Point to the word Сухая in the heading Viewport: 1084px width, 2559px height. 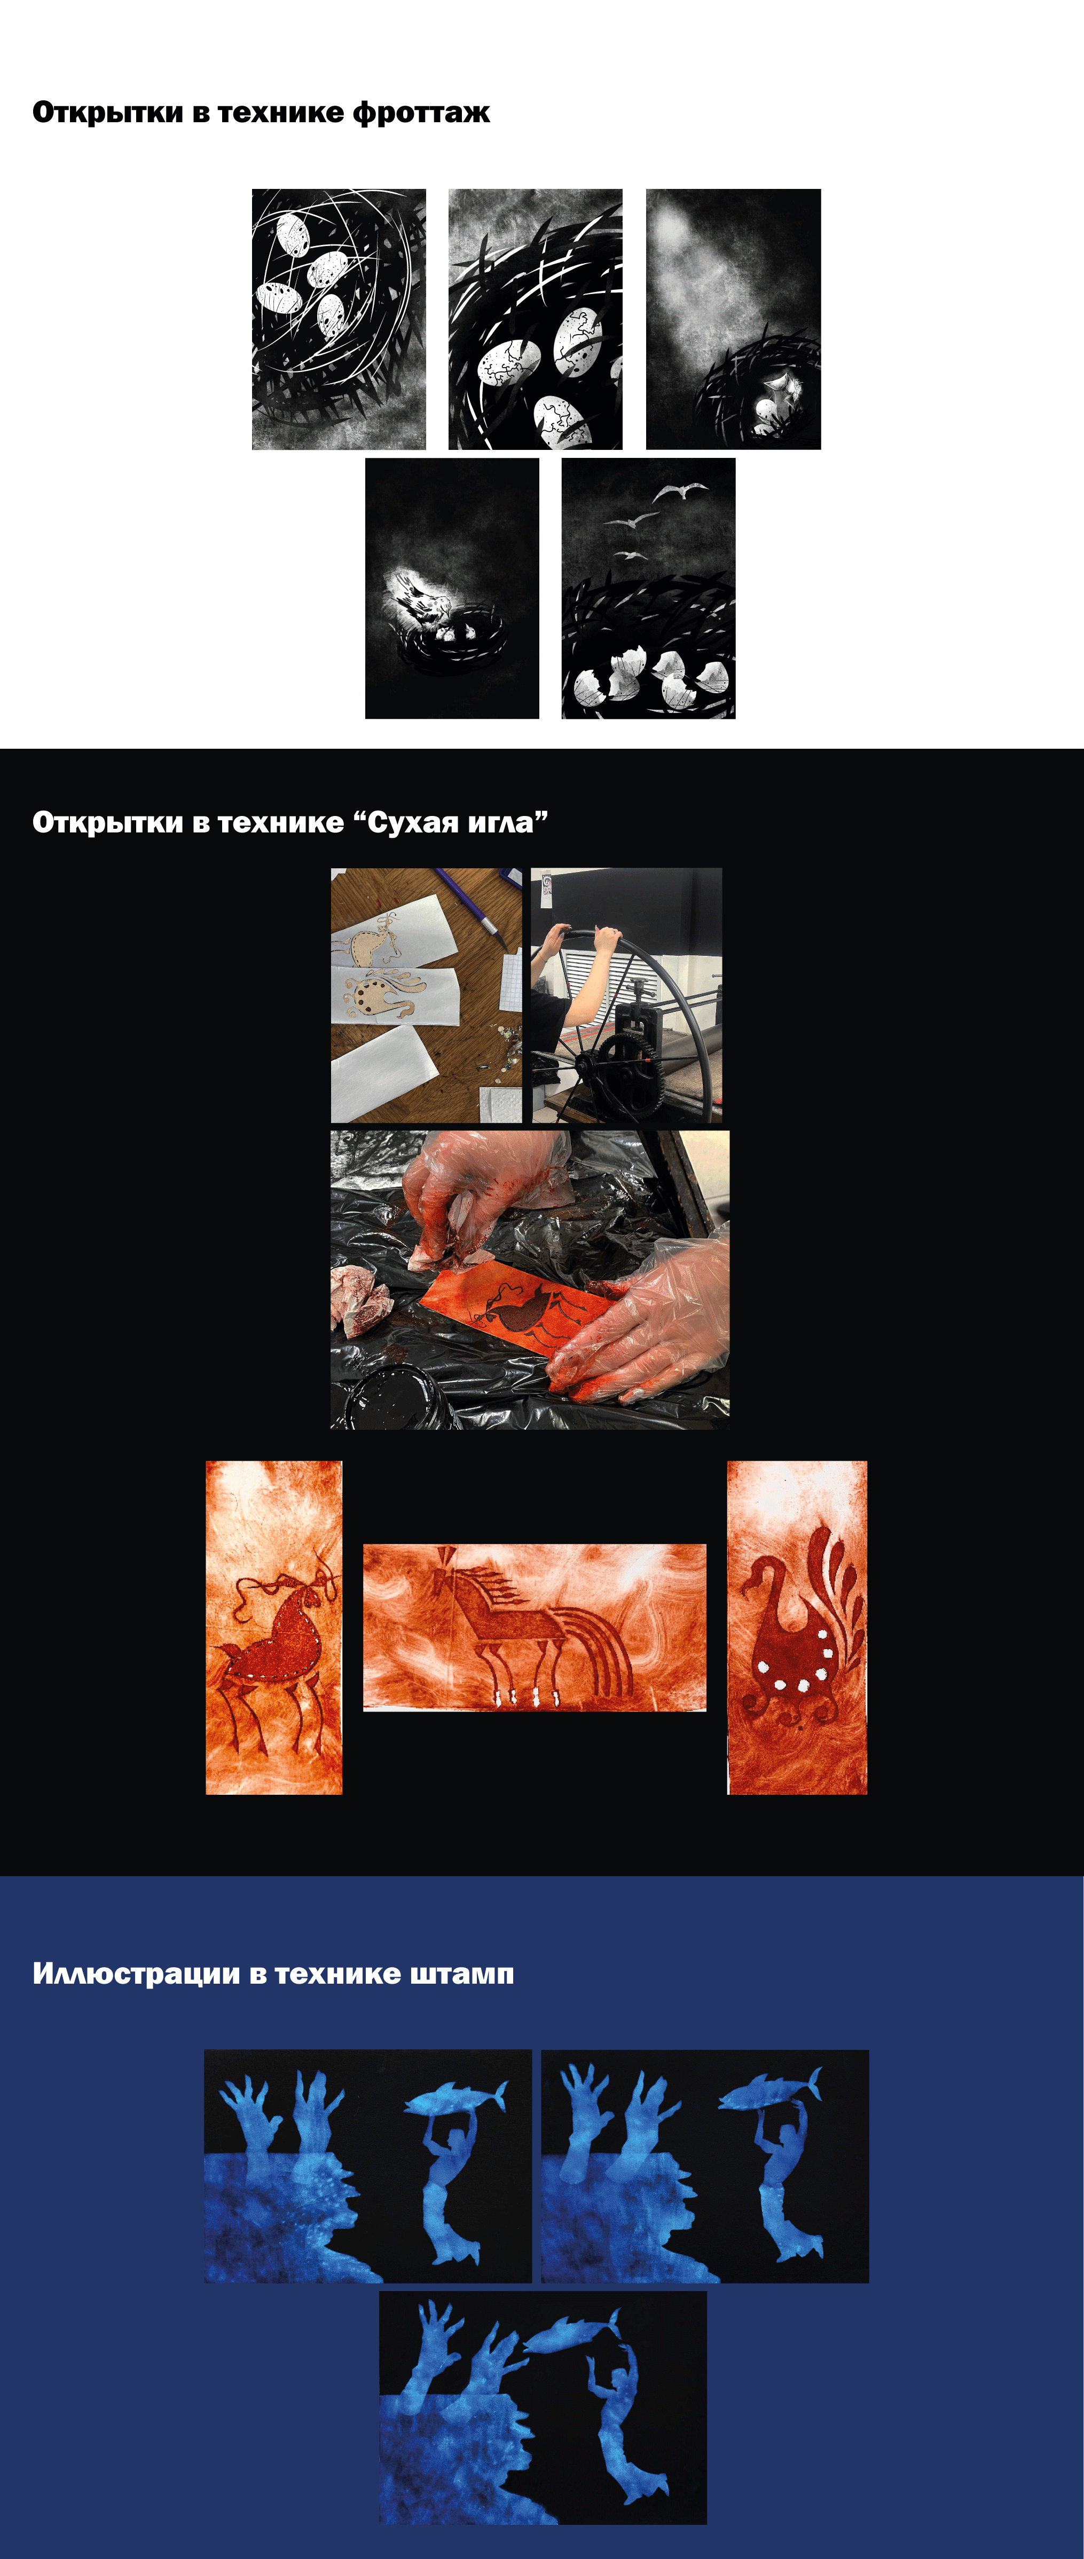pos(410,822)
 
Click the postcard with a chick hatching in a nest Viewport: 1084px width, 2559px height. pos(452,588)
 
